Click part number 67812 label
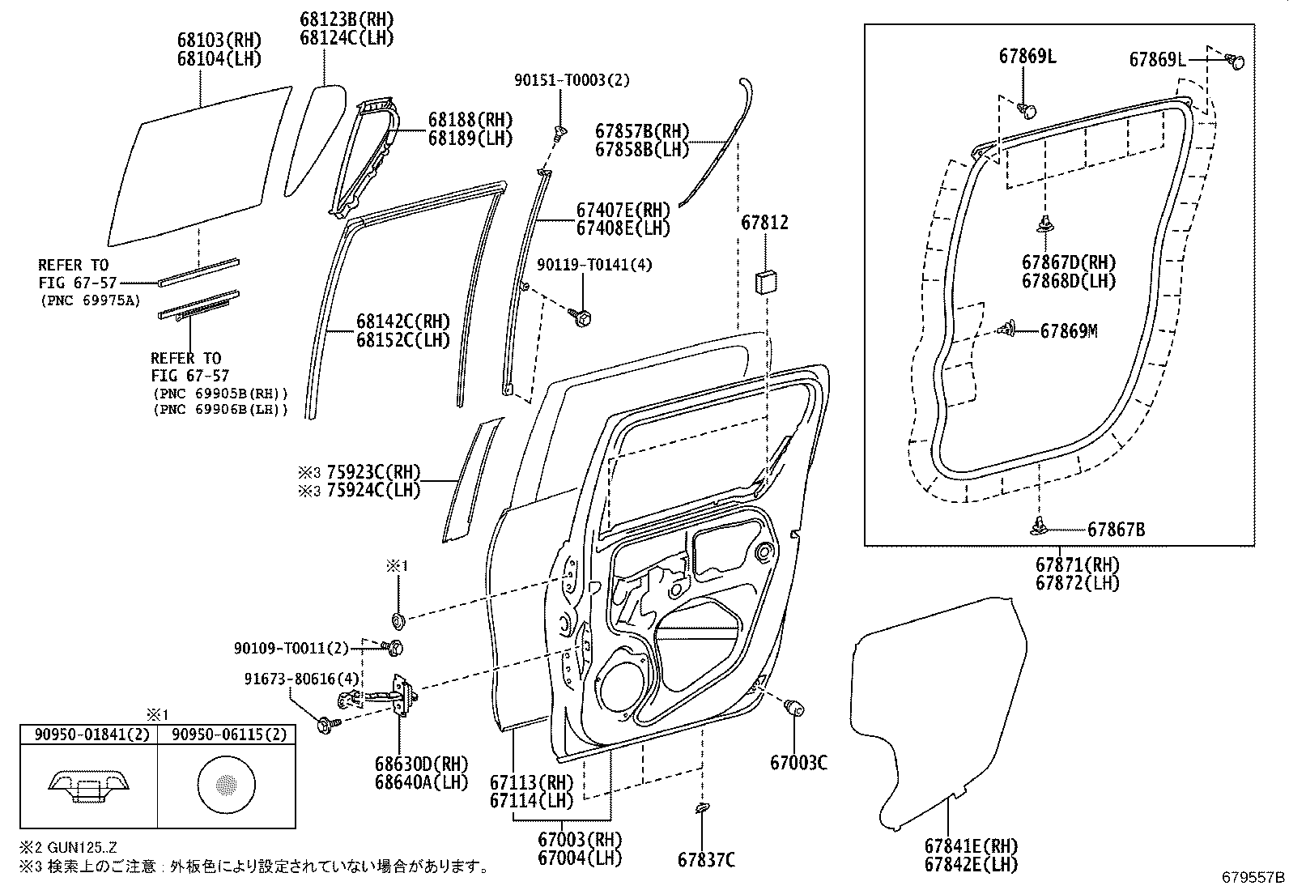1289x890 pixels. coord(764,223)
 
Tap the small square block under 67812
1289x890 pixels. coord(765,283)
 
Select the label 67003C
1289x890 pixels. coord(798,763)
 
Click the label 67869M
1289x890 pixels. coord(1069,331)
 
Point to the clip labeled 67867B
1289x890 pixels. coord(1041,528)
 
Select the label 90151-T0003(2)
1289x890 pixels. coord(583,80)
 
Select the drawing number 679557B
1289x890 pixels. coord(1253,877)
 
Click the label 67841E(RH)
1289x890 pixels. coord(971,845)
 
